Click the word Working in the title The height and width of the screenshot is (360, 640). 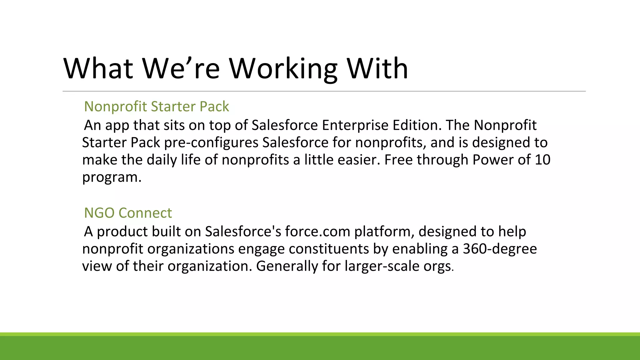tap(283, 69)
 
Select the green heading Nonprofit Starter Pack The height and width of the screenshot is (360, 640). tap(156, 107)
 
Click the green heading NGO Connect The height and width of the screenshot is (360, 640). tap(128, 213)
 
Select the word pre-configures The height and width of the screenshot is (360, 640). tap(211, 143)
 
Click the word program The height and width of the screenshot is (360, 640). tap(112, 177)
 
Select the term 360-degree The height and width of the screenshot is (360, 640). tap(500, 249)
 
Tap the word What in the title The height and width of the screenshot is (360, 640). tap(98, 69)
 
